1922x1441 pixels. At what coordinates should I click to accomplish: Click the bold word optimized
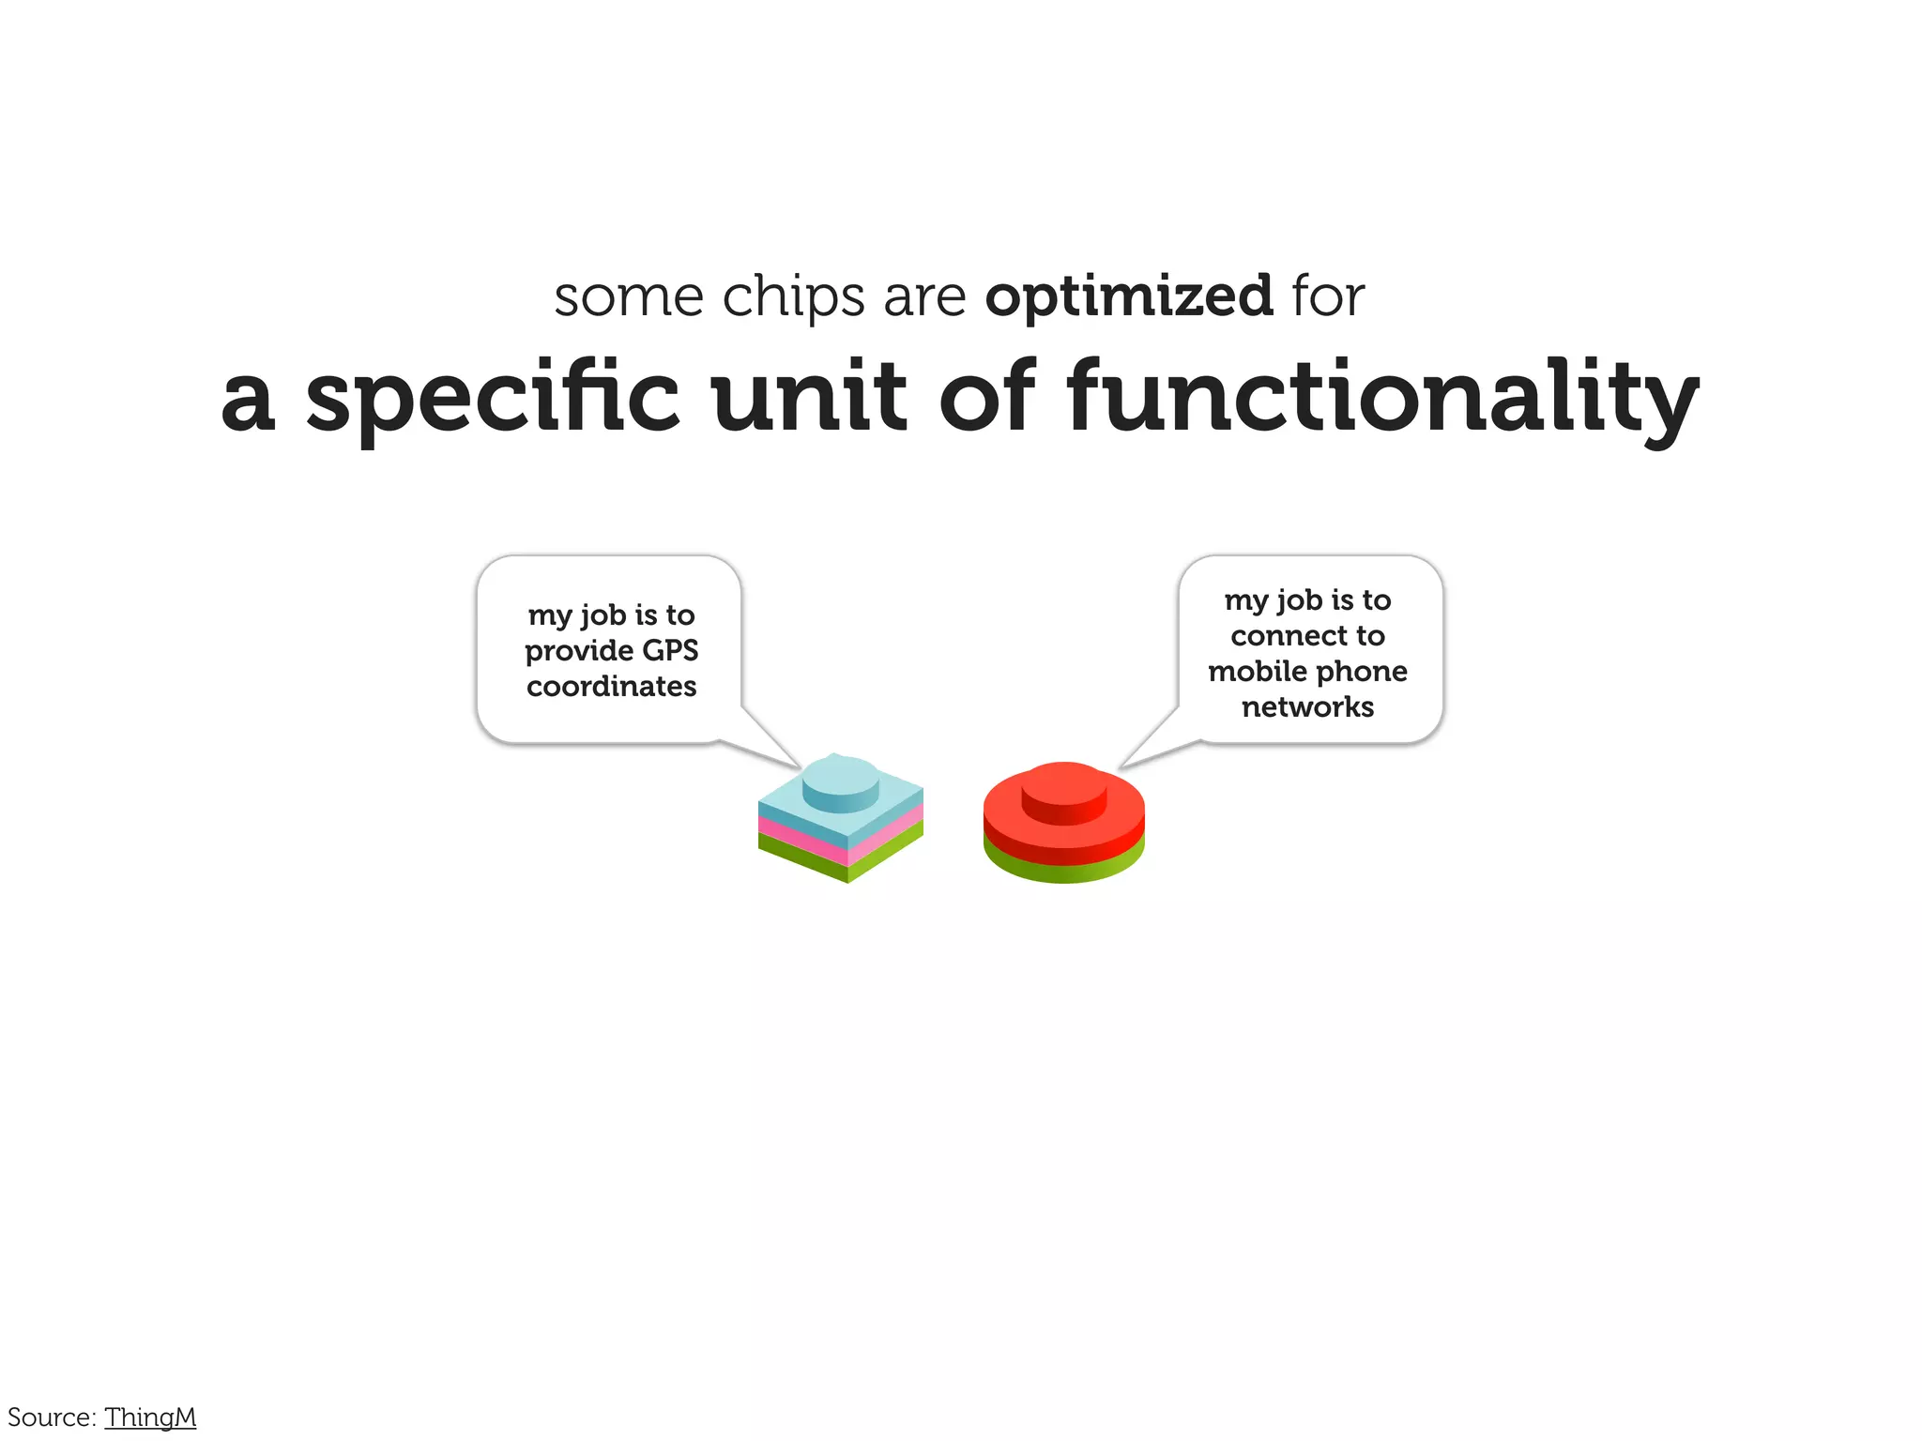point(1129,297)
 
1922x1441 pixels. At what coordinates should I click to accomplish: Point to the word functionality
point(1381,398)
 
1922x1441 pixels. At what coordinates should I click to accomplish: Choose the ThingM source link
point(150,1417)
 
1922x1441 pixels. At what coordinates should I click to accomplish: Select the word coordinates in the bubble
point(611,686)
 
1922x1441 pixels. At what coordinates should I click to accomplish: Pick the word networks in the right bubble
point(1307,706)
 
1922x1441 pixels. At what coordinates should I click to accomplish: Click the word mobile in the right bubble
point(1256,671)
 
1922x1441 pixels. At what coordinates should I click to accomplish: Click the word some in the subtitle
point(628,297)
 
